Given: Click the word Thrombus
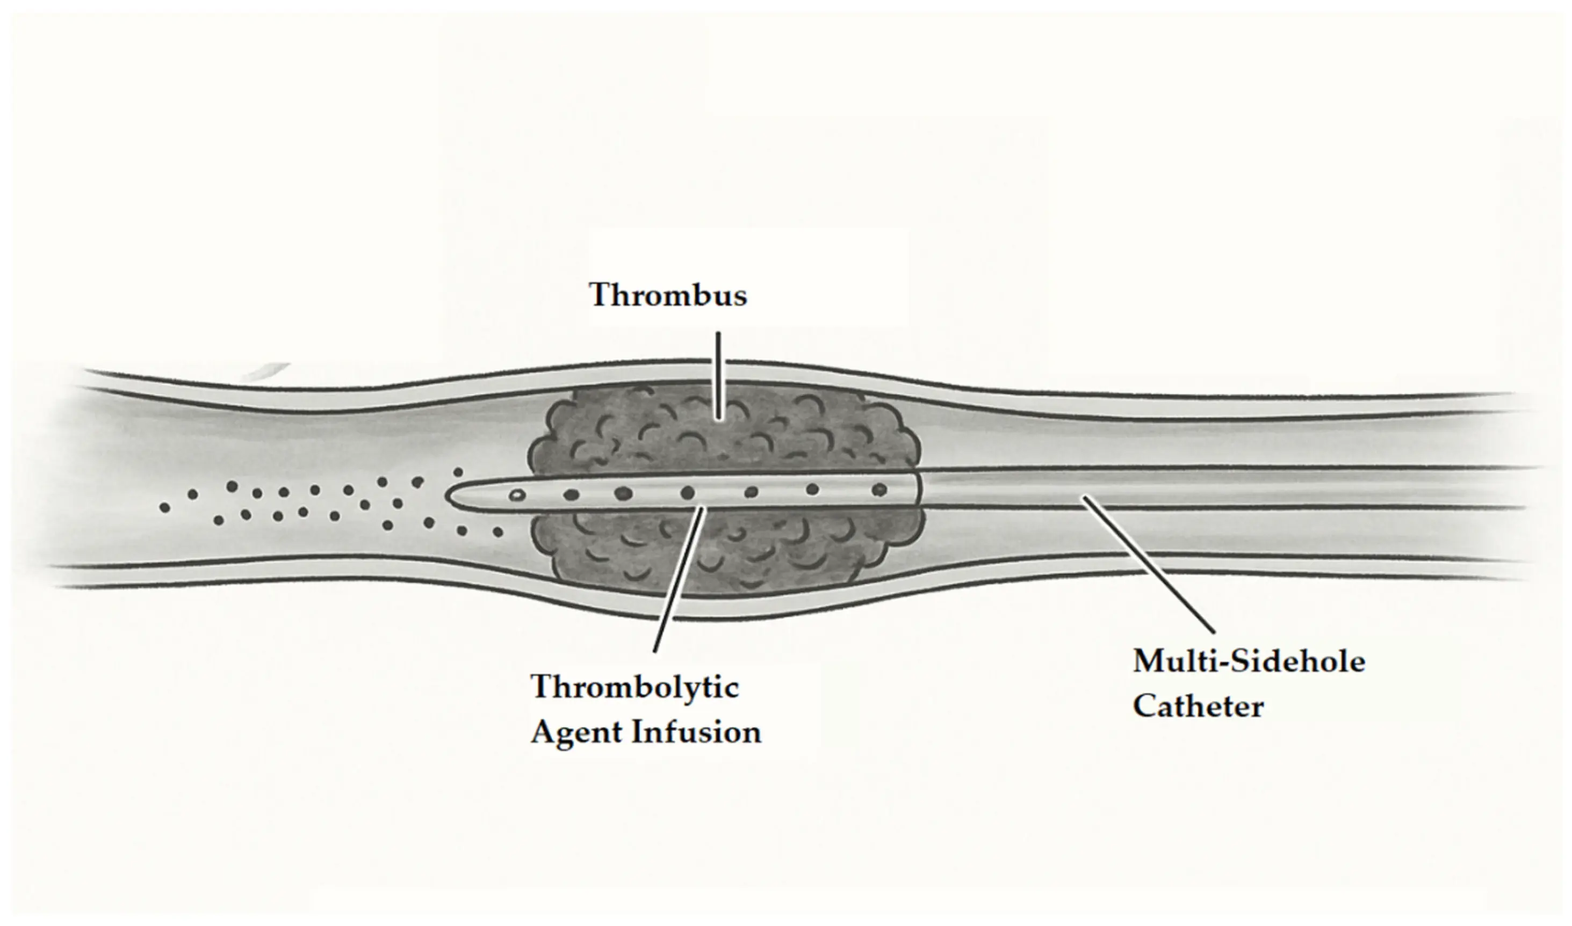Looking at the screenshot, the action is (x=668, y=295).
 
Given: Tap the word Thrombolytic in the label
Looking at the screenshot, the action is (x=635, y=688).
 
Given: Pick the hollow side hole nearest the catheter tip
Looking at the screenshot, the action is (x=516, y=496).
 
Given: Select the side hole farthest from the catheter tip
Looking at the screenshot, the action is (x=879, y=489).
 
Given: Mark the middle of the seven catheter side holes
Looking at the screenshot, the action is (x=687, y=493).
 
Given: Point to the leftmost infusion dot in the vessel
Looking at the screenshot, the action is (x=164, y=507).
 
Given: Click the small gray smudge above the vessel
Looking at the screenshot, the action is (x=265, y=371).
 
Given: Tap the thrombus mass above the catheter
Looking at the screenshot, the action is (x=724, y=431).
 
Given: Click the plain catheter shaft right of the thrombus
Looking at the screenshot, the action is (x=1217, y=488).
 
